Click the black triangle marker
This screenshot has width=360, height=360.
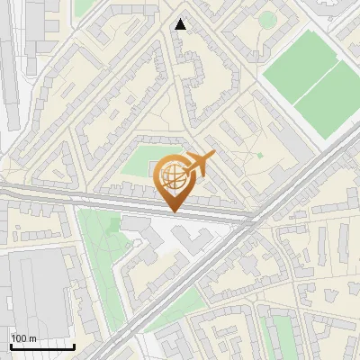coord(181,24)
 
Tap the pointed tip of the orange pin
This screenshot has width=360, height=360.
coord(173,211)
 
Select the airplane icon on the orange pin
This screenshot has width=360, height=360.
coord(200,163)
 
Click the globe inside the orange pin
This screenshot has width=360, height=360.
coord(173,176)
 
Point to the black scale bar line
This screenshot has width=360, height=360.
coord(41,346)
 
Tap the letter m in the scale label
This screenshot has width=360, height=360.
coord(34,338)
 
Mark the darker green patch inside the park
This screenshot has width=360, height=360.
coord(112,225)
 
